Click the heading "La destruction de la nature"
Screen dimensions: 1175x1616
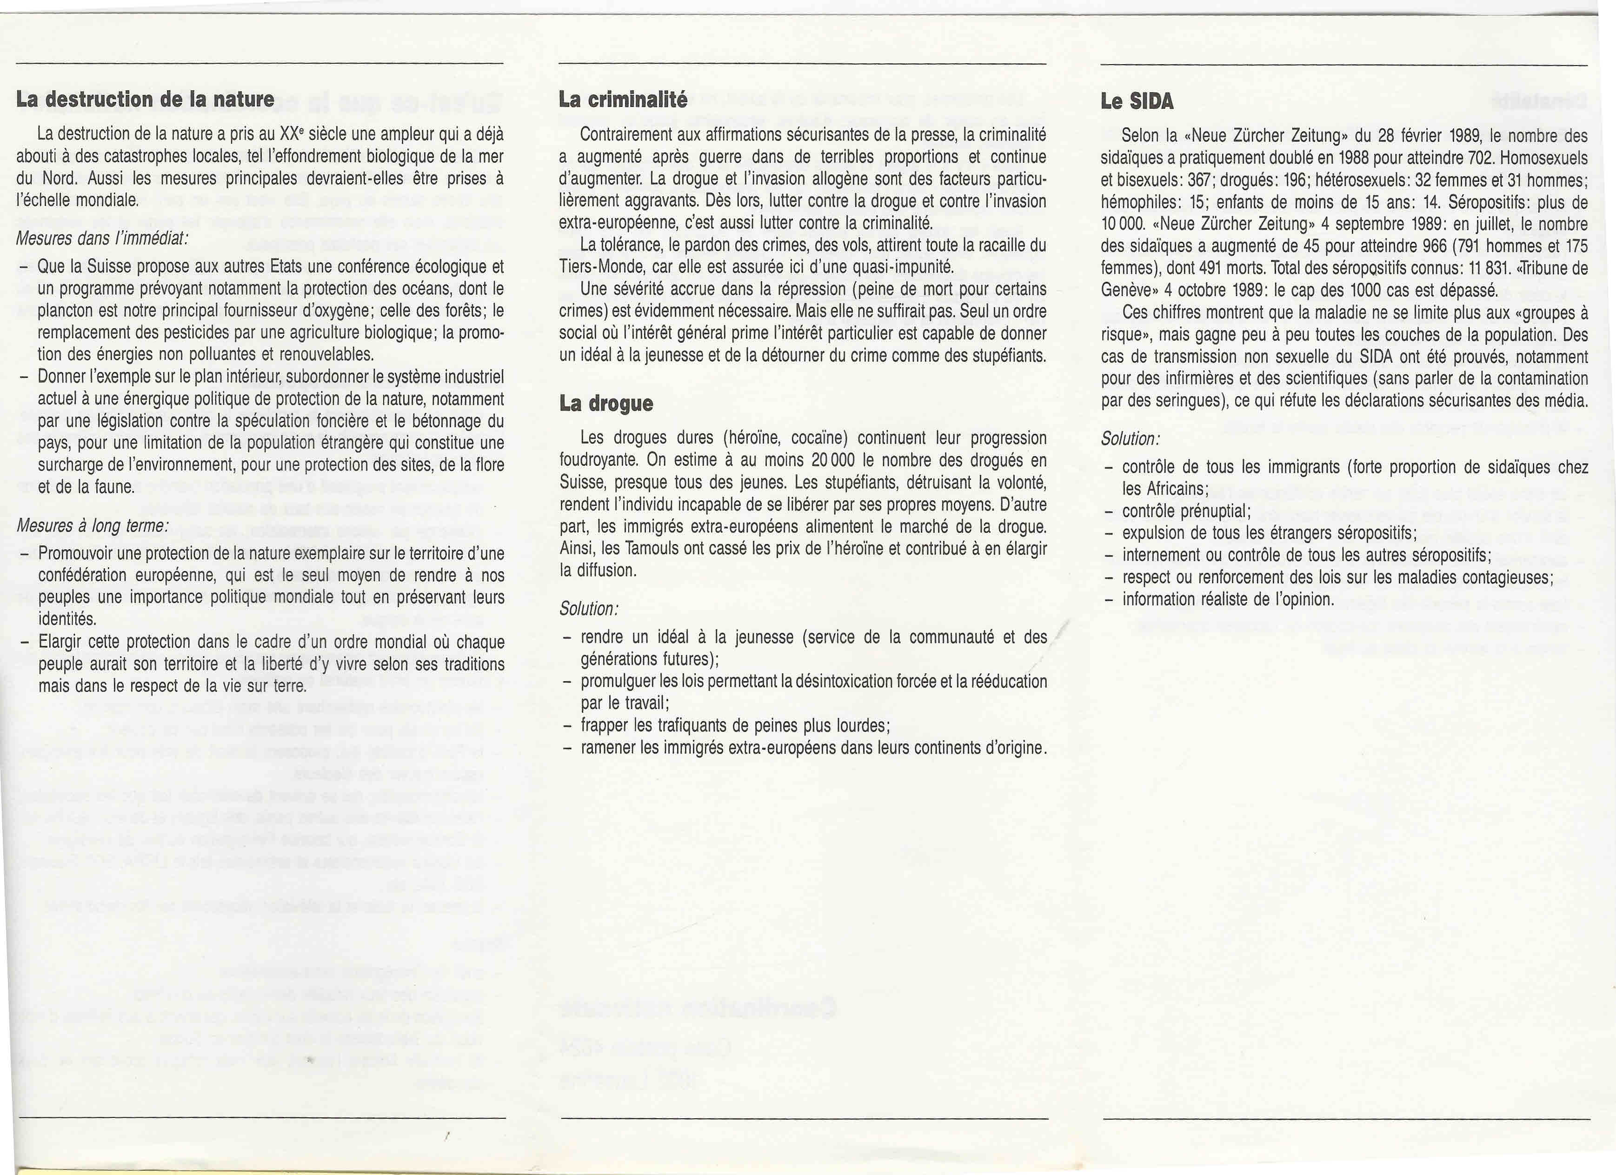[x=146, y=100]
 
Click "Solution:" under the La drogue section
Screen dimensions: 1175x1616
[x=589, y=609]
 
